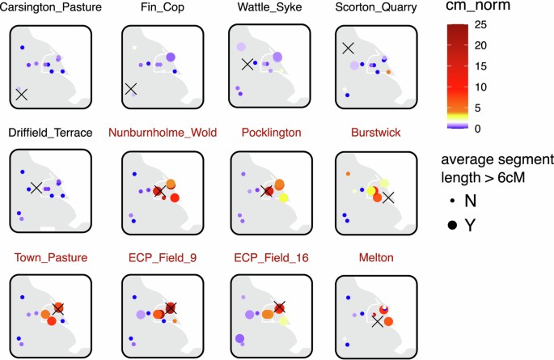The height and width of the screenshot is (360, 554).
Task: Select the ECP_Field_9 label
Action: pos(161,256)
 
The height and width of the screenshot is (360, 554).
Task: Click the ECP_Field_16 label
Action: pos(271,256)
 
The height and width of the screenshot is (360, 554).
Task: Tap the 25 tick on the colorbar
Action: pos(480,24)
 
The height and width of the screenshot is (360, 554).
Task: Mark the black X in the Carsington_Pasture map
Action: pos(22,95)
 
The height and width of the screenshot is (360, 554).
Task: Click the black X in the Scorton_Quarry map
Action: pos(349,49)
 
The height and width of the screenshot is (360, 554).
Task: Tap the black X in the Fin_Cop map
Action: pos(131,88)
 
